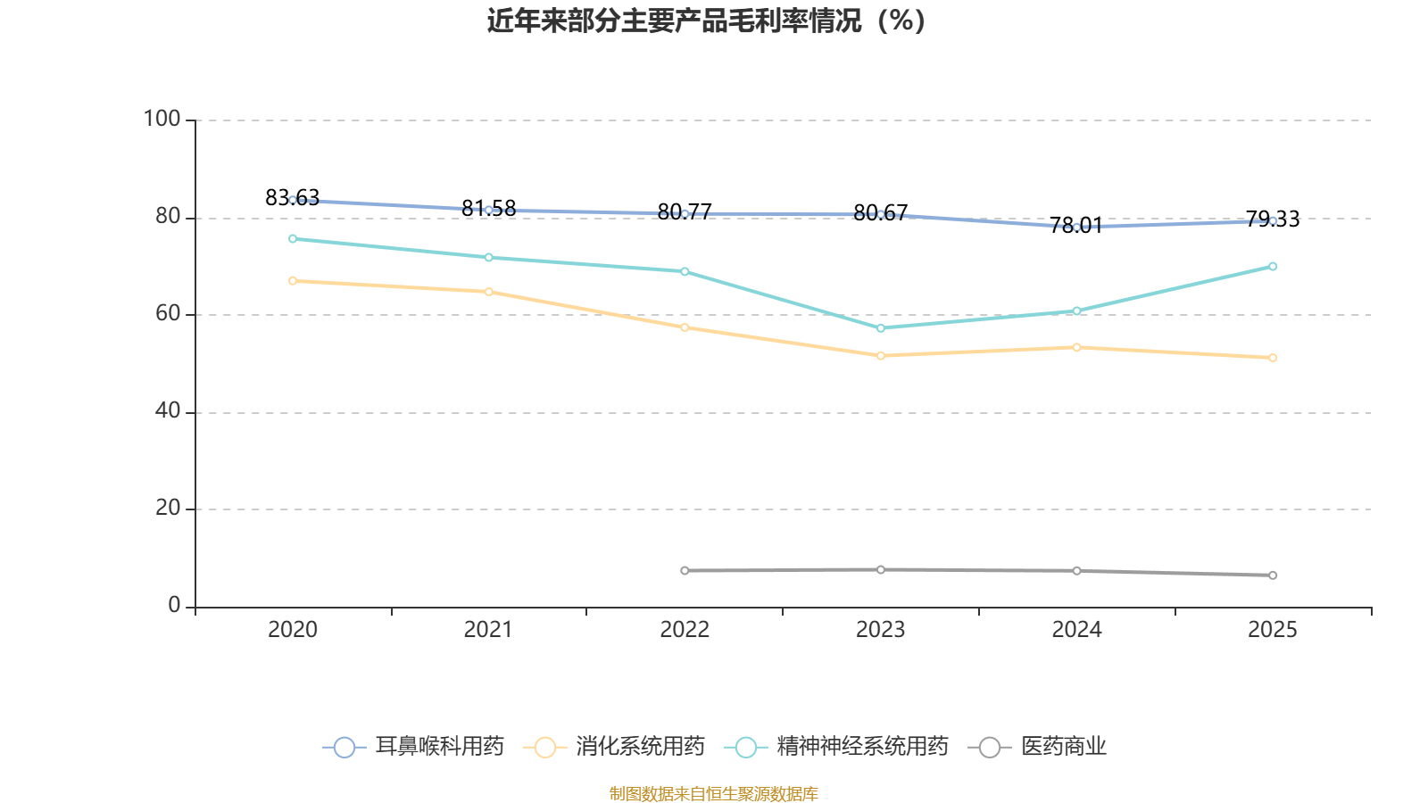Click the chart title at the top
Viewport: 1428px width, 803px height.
point(706,21)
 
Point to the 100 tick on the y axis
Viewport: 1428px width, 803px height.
point(162,119)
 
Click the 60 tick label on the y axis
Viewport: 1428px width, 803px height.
point(168,313)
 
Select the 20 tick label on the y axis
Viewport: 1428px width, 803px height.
point(168,508)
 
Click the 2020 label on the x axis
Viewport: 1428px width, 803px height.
point(293,630)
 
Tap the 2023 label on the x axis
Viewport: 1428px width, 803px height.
point(880,630)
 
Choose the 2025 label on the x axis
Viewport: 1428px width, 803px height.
point(1272,630)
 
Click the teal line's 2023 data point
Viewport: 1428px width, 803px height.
point(881,328)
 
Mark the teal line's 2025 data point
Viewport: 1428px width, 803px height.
point(1273,266)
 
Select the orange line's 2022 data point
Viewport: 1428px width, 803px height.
point(685,327)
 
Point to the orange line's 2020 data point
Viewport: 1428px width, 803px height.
point(293,280)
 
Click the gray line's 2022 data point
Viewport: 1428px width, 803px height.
point(685,570)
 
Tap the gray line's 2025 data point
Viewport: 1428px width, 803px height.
point(1273,575)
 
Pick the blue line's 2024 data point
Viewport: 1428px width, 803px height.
point(1076,227)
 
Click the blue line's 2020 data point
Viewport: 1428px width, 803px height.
point(293,200)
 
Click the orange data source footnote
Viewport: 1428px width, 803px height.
point(713,793)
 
